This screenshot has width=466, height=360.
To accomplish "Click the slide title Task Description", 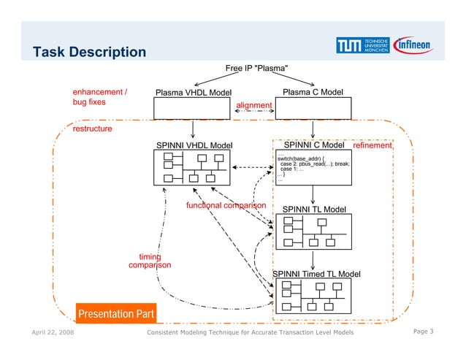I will point(90,52).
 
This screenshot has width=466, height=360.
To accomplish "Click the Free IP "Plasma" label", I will point(261,69).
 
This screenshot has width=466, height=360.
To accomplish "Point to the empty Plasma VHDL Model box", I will point(192,108).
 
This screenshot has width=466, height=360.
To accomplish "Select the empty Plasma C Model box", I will point(313,108).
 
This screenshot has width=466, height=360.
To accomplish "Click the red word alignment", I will point(253,106).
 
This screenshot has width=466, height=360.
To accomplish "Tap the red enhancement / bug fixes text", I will point(99,97).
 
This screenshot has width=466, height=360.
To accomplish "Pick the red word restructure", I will point(92,129).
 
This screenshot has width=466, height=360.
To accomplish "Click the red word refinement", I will point(373,146).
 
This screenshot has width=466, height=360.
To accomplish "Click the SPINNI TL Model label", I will point(314,210).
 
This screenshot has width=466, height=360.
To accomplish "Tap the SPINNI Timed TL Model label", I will point(316,274).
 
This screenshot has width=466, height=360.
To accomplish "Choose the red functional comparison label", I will point(226,205).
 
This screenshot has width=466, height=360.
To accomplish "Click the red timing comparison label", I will point(150,261).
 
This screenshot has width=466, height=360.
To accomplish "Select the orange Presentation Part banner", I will point(116,315).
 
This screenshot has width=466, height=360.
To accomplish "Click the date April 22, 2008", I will point(53,334).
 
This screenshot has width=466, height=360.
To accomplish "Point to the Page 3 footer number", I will point(423,333).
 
